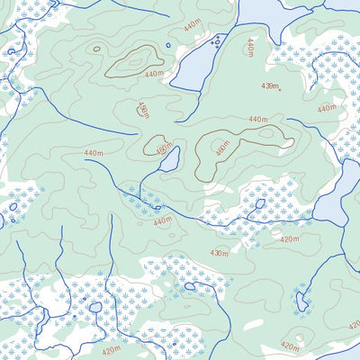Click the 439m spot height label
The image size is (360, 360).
coord(268,85)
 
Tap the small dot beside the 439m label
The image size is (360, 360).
coord(280,89)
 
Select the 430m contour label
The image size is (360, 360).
coord(219,253)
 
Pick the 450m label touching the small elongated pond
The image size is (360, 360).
coord(163,149)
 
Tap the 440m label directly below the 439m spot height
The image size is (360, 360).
coord(258,119)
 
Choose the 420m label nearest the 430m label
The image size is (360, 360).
coord(289,238)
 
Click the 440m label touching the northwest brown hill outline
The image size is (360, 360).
coord(154,74)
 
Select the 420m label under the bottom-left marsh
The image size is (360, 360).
coord(111,350)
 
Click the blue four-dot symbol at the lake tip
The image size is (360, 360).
coord(216,40)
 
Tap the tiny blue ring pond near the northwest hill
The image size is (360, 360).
coord(168,45)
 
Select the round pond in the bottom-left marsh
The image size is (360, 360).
coord(94,307)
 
